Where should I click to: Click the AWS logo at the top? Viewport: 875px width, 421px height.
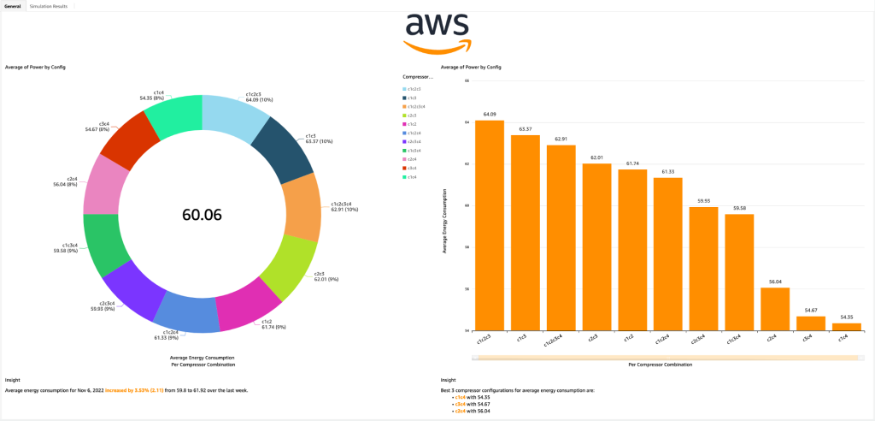[x=437, y=32]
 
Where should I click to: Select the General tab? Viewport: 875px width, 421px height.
[x=13, y=6]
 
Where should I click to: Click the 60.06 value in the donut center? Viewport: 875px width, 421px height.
[x=202, y=215]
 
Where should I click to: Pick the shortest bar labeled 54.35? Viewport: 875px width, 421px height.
[x=846, y=326]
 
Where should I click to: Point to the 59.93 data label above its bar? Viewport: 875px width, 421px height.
[x=703, y=201]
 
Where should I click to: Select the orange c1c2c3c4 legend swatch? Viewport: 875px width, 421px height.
[x=404, y=106]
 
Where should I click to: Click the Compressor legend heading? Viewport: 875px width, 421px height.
[x=418, y=77]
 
